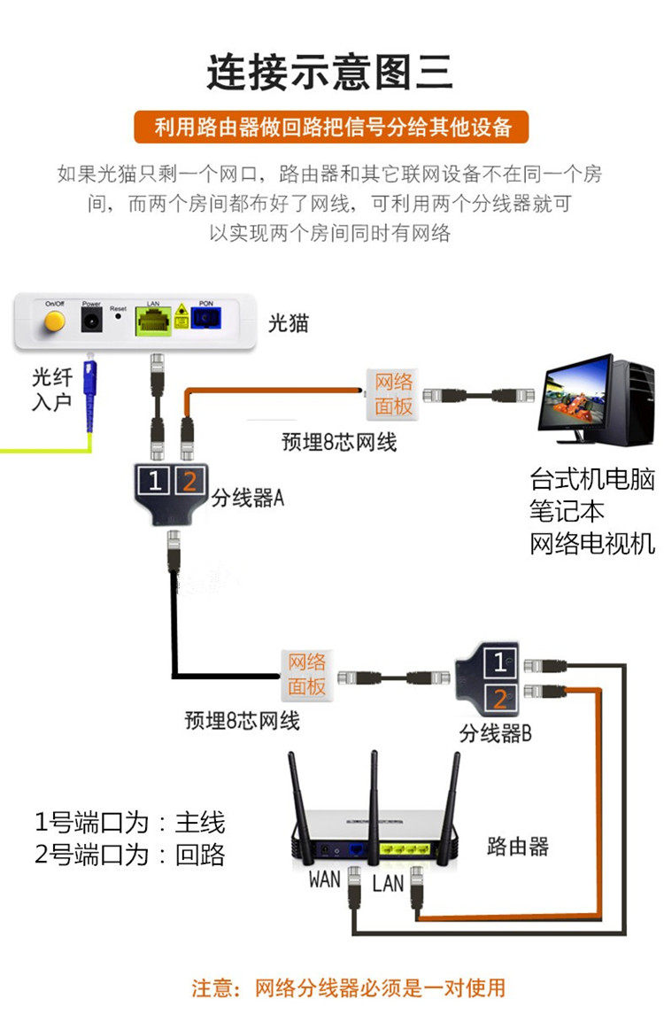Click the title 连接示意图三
pyautogui.click(x=330, y=72)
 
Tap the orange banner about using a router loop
pyautogui.click(x=330, y=127)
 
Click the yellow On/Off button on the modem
pyautogui.click(x=55, y=320)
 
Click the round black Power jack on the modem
pyautogui.click(x=91, y=321)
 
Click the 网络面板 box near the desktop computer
pyautogui.click(x=394, y=394)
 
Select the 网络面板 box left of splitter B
pyautogui.click(x=306, y=674)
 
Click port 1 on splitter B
pyautogui.click(x=500, y=662)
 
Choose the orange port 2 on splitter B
pyautogui.click(x=500, y=699)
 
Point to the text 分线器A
pyautogui.click(x=247, y=499)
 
